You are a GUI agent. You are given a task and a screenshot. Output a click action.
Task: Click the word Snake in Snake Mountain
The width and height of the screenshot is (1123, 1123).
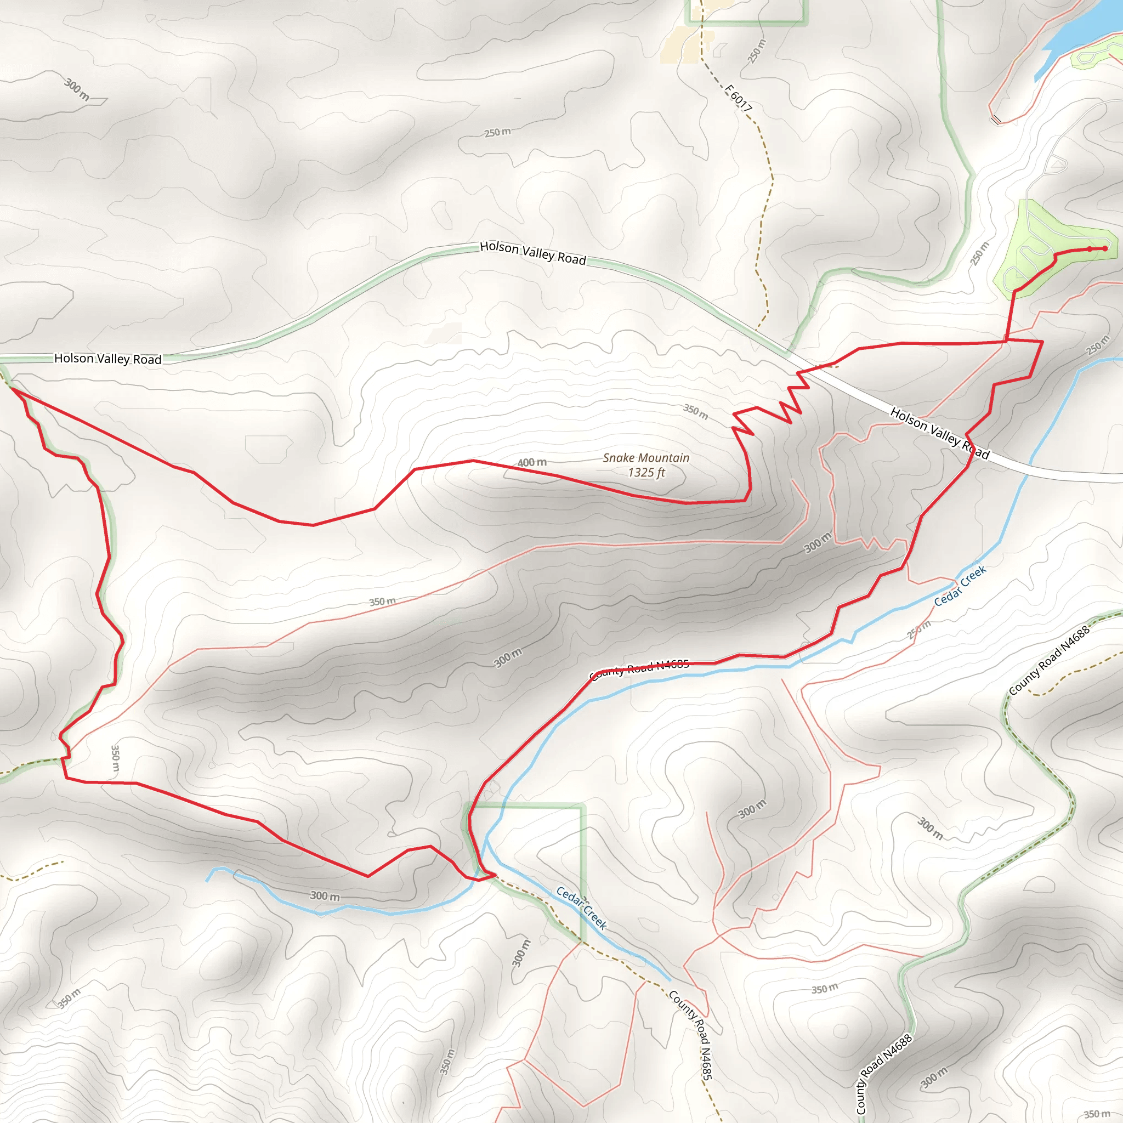click(618, 458)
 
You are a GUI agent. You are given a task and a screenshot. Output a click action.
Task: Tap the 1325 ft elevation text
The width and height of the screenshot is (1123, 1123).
click(646, 473)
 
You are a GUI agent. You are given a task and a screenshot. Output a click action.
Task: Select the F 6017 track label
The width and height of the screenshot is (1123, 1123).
click(738, 98)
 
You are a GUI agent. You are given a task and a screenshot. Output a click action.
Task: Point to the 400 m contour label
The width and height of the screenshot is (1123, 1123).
click(532, 463)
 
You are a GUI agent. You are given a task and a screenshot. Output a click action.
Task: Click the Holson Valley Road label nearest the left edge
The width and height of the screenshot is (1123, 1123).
click(107, 359)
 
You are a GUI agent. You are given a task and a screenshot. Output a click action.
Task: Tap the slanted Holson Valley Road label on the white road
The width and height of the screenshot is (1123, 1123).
click(939, 433)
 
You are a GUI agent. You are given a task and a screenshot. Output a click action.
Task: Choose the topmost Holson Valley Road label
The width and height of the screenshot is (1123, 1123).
click(532, 253)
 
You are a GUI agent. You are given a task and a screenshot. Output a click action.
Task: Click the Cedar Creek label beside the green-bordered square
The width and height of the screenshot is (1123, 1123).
click(581, 908)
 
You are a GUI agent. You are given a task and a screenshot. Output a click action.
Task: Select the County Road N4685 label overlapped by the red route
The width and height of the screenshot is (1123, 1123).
click(639, 669)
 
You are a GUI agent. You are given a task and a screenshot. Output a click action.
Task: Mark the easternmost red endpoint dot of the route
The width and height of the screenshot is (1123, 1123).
click(1105, 249)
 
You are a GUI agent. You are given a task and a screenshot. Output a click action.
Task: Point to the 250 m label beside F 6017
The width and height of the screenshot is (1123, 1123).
click(756, 51)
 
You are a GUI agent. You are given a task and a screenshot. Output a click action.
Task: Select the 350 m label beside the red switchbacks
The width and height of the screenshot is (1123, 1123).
click(695, 412)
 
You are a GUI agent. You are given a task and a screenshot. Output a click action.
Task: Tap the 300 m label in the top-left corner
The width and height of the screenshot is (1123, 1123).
click(77, 89)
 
